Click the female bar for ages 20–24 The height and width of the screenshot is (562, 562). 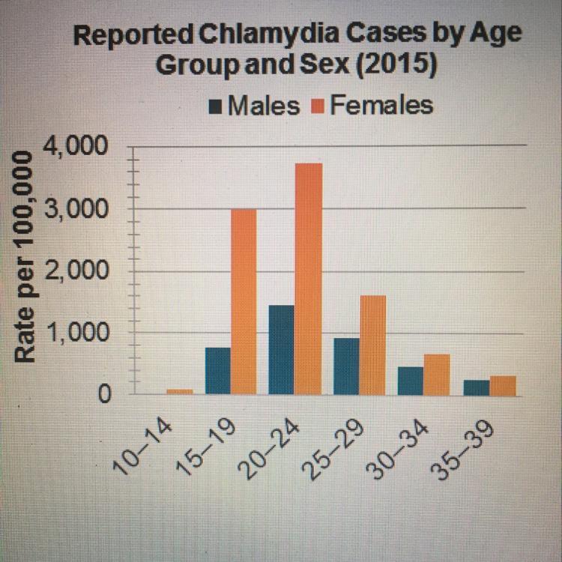(308, 278)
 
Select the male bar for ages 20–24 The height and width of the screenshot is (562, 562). (281, 349)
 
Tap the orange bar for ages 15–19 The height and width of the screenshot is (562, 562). (244, 301)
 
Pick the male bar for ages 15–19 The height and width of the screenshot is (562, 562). (217, 370)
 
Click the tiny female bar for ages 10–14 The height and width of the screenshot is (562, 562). (180, 390)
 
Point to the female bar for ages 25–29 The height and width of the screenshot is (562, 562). (372, 345)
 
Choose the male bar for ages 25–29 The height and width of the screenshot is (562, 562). (346, 366)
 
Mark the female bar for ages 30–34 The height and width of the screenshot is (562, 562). (437, 374)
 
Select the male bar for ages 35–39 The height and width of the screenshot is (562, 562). (476, 387)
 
